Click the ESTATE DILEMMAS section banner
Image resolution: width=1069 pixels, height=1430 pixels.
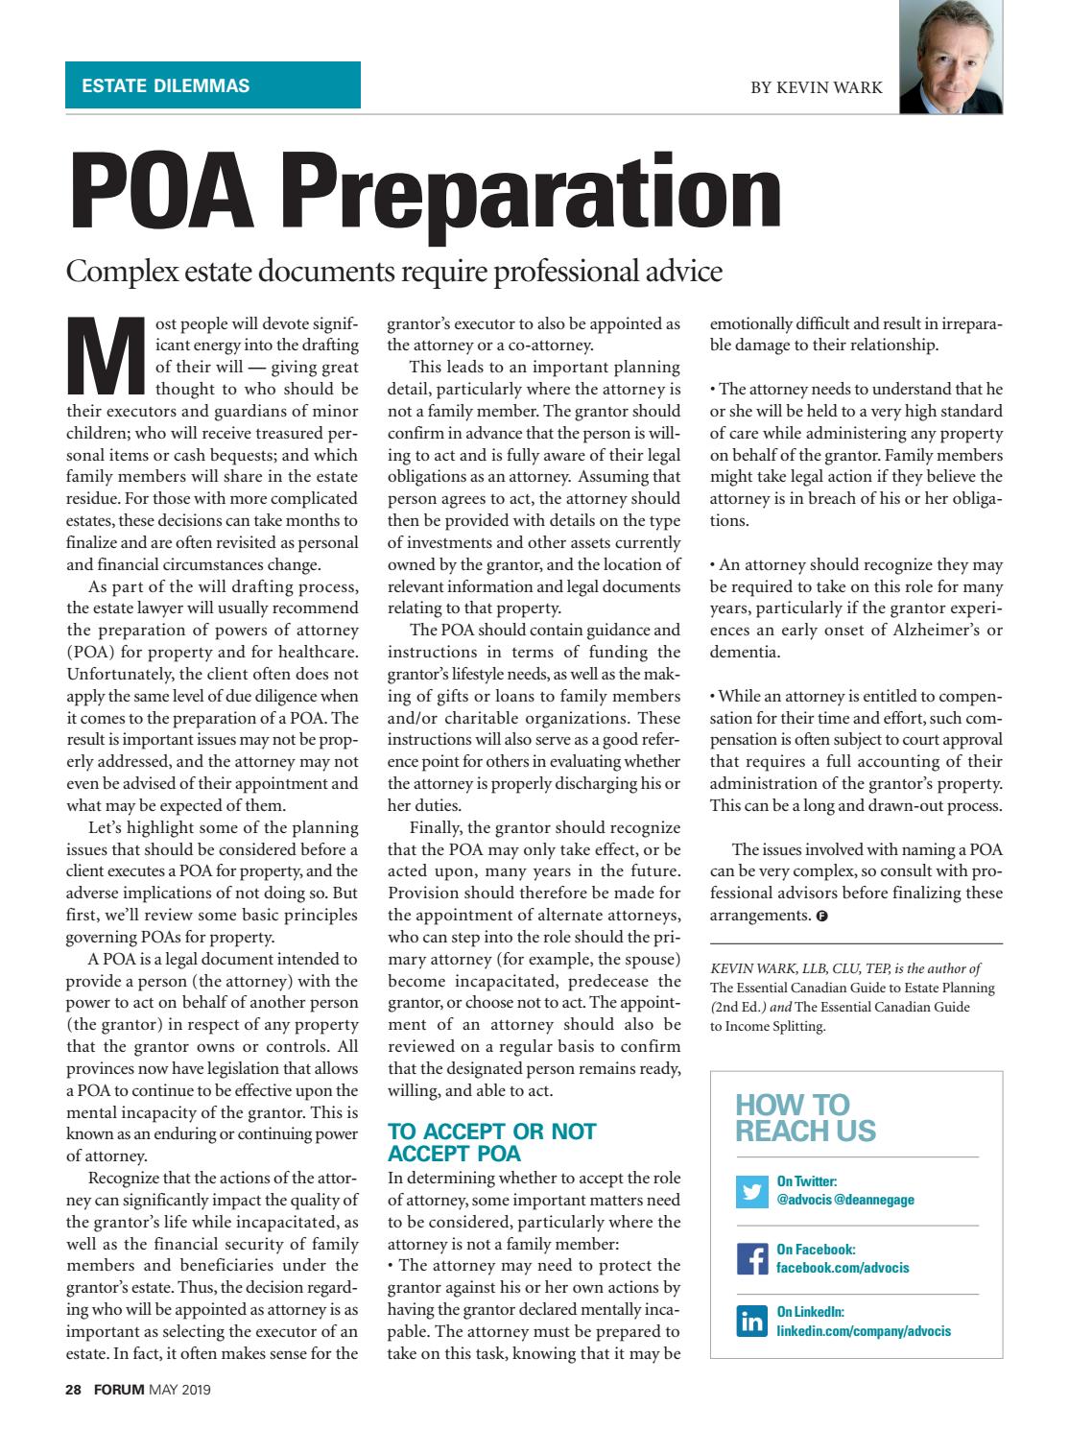[x=212, y=85]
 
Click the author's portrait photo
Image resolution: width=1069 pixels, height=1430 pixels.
[x=951, y=59]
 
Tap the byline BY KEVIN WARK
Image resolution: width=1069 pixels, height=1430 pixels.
[x=817, y=87]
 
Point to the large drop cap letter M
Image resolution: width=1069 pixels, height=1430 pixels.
[x=103, y=356]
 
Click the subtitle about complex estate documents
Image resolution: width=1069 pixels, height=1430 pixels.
[x=393, y=272]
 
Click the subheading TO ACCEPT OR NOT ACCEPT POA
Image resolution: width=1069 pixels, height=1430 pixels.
[x=491, y=1142]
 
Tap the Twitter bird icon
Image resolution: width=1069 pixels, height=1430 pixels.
[x=751, y=1191]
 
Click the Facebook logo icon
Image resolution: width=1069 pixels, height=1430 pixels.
[x=751, y=1258]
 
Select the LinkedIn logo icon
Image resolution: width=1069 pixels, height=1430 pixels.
[x=751, y=1322]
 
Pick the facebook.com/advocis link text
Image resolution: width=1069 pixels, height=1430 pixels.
[x=843, y=1268]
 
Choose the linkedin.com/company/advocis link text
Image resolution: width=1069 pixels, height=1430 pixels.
[x=864, y=1331]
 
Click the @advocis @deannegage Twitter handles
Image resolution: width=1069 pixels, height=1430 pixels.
[x=845, y=1200]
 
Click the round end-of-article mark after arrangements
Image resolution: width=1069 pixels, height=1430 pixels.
[x=821, y=916]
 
